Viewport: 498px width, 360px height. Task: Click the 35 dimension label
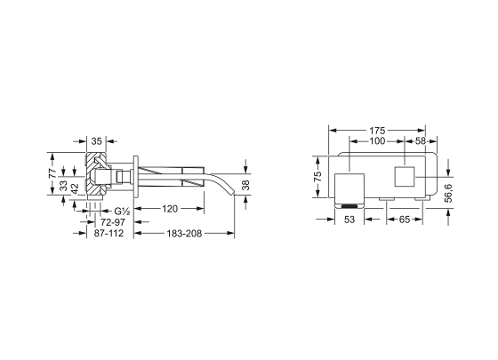point(96,141)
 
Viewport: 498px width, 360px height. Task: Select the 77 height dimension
point(52,173)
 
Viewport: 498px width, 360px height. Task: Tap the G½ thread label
point(123,211)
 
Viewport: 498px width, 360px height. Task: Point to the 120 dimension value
point(170,209)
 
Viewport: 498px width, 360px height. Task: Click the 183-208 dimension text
point(184,234)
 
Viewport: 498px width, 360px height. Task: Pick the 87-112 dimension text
point(108,233)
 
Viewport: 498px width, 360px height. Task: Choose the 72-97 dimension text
point(113,222)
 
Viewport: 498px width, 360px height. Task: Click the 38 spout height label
point(245,185)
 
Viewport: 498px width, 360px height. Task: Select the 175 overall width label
point(377,131)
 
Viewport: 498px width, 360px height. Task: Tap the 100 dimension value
point(377,141)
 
